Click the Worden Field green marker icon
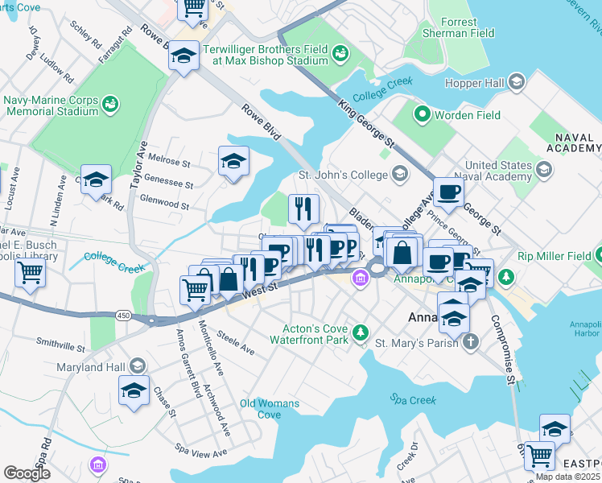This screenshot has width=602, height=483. [421, 115]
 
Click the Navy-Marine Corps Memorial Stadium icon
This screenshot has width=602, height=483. [109, 105]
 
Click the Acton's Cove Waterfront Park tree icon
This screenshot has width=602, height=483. [361, 332]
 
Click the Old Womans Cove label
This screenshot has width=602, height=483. [270, 409]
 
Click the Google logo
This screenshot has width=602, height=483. [27, 473]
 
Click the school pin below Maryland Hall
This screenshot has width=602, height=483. [133, 392]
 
